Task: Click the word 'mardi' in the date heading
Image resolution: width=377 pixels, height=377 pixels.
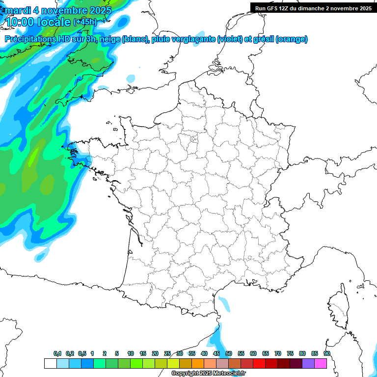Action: (16, 10)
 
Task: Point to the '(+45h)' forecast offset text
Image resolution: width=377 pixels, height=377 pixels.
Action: (85, 22)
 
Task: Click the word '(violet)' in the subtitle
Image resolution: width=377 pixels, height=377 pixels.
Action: (230, 39)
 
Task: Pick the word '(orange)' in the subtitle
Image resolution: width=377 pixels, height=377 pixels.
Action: (292, 39)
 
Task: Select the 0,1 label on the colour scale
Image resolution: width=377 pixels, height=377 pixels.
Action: (57, 353)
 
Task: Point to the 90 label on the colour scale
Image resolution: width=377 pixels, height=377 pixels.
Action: (327, 353)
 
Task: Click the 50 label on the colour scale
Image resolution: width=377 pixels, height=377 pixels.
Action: (229, 353)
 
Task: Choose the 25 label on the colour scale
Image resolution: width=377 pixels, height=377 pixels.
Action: (167, 353)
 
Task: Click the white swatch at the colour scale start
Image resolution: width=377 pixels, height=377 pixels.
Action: (50, 363)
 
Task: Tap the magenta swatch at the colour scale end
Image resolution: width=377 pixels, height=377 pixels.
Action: (321, 363)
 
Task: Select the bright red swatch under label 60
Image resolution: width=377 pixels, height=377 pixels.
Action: (259, 363)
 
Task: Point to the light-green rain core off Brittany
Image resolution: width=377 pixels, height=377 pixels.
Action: (33, 158)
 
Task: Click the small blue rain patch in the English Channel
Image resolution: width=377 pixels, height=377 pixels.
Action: (131, 78)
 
